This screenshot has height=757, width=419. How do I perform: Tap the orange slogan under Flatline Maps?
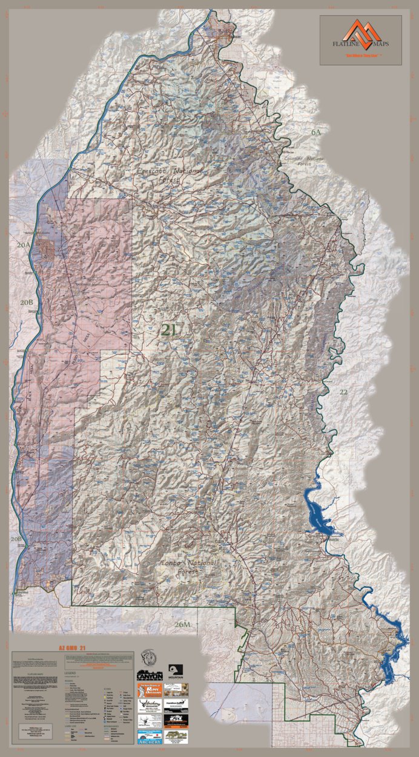[x=361, y=56]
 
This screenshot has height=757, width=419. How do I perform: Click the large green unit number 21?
[x=169, y=330]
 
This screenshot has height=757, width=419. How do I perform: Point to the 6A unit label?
[x=316, y=132]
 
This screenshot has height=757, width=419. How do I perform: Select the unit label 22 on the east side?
[x=343, y=392]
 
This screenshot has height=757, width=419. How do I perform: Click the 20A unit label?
[x=23, y=245]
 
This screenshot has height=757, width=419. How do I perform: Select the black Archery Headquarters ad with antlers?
[x=150, y=705]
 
